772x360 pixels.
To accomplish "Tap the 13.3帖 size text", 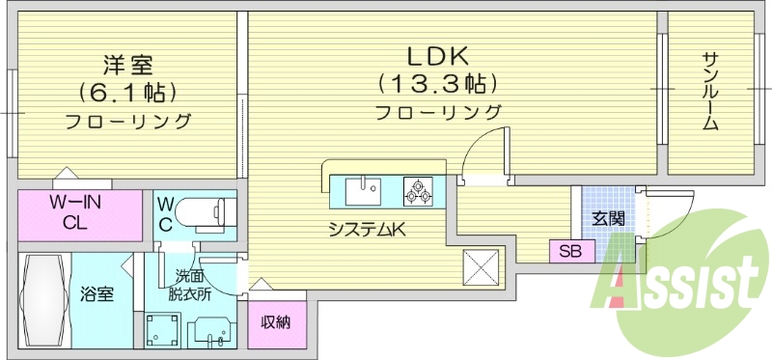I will (438, 82).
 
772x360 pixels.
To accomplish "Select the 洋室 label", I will (128, 66).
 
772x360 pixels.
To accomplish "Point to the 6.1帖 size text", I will (128, 94).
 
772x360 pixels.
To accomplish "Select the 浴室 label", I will (97, 293).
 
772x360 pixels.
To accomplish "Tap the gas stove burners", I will (418, 189).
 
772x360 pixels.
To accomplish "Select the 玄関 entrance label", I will (608, 218).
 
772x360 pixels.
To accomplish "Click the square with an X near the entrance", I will (482, 265).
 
